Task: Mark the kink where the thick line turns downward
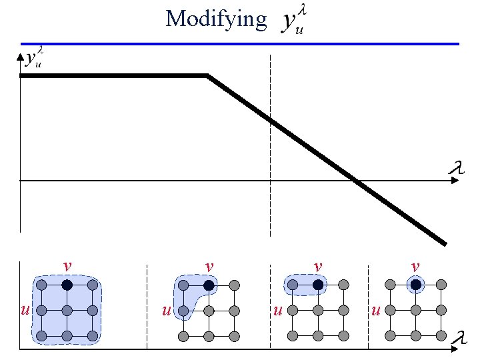[208, 76]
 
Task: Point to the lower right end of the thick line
[444, 243]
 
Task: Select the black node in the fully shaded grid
[67, 285]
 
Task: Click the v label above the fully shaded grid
[67, 266]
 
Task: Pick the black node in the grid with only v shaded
[415, 285]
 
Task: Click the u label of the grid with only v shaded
[375, 310]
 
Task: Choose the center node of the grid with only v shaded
[415, 310]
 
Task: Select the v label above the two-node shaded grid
[318, 266]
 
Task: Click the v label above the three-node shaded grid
[209, 266]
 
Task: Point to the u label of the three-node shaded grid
[166, 310]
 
